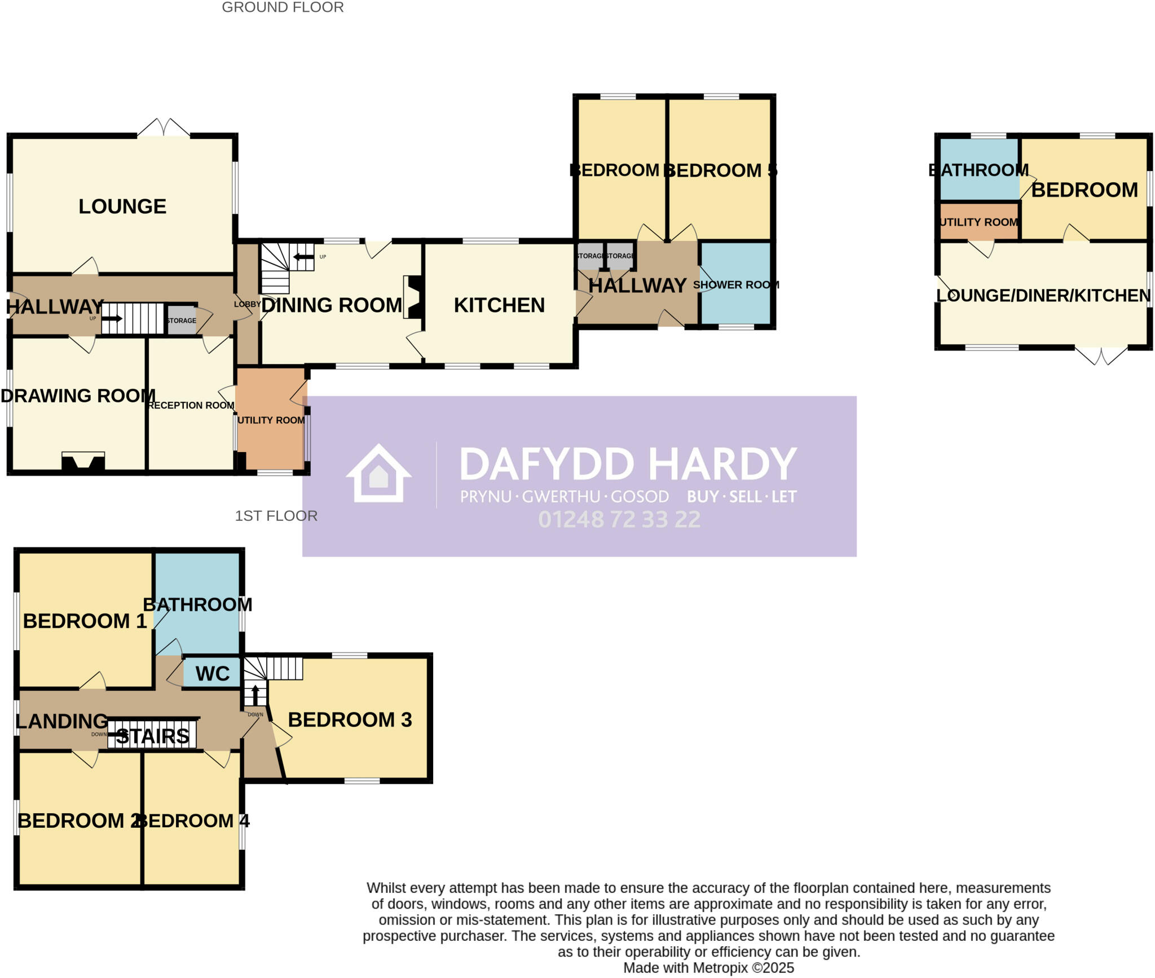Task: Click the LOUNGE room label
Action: point(122,207)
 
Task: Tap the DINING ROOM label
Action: point(332,305)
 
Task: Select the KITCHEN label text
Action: point(499,305)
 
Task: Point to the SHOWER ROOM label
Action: point(735,285)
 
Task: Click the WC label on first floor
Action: point(213,673)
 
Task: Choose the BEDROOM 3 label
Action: point(350,720)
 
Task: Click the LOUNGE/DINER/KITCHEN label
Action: point(1043,295)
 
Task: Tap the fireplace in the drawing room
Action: point(83,461)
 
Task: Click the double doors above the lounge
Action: point(164,128)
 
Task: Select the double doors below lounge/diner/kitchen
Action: point(1101,355)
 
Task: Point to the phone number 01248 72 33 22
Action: point(619,519)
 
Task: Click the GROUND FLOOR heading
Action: point(283,7)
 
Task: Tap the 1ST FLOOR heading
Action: point(276,516)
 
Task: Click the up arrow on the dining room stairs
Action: point(303,257)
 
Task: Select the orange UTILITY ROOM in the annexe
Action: point(979,222)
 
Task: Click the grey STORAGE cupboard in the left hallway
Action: point(182,320)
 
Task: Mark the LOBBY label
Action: point(247,304)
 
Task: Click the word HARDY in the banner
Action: point(722,464)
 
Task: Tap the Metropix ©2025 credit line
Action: point(708,968)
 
